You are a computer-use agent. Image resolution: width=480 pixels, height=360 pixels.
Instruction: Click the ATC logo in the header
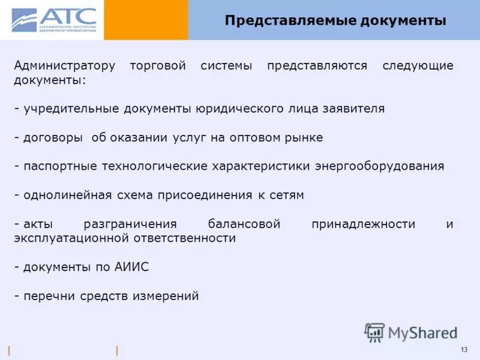[53, 20]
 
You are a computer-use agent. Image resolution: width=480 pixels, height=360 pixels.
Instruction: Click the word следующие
[418, 65]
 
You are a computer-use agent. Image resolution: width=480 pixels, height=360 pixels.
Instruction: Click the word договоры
[53, 137]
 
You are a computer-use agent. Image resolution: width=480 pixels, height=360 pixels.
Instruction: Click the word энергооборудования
[380, 166]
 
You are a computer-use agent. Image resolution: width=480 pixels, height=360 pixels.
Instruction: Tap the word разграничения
[130, 224]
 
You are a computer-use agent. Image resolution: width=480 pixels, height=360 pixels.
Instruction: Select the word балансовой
[244, 224]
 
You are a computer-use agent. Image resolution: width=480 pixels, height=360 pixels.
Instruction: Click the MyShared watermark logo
[411, 332]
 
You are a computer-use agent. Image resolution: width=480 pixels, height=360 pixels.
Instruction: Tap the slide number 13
[464, 350]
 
